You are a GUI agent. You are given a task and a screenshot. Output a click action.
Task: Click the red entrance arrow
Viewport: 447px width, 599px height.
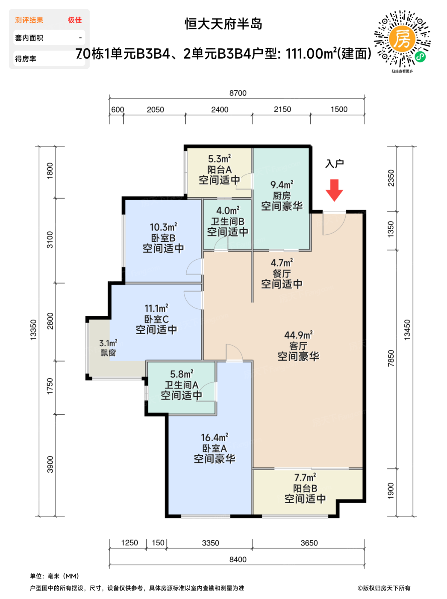coord(334,190)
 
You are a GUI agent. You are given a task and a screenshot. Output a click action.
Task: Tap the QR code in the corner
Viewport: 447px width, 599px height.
coord(402,39)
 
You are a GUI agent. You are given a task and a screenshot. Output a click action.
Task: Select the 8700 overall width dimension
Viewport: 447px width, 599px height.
coord(238,93)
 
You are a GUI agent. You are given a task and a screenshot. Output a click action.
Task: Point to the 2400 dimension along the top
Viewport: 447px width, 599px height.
coord(220,110)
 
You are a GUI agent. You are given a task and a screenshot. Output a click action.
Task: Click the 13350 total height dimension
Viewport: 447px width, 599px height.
coord(33,330)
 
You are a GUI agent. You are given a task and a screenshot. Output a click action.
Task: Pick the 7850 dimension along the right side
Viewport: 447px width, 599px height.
coord(391,358)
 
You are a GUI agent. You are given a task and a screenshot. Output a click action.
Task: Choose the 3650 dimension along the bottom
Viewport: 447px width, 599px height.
coord(309,543)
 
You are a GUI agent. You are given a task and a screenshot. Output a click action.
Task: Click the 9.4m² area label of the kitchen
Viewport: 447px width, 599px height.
coord(282,185)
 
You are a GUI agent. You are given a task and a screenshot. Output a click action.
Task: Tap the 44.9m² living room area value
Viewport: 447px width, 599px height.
coord(298,335)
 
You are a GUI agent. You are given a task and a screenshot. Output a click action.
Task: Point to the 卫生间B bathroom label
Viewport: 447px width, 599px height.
coord(228,221)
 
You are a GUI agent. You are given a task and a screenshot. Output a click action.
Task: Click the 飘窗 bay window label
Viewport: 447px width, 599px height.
coord(108,353)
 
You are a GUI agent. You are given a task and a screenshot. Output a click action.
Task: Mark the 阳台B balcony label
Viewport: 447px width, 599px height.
coord(305,488)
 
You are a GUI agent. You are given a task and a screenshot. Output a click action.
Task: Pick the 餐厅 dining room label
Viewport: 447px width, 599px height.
coord(282,274)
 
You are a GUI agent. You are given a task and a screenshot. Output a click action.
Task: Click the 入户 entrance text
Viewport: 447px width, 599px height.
coord(335,163)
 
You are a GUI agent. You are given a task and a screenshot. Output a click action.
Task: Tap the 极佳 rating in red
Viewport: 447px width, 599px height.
coord(75,20)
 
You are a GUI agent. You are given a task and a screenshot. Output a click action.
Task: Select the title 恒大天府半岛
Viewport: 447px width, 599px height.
coord(223,24)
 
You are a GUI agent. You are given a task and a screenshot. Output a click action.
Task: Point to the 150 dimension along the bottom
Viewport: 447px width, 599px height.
coord(158,543)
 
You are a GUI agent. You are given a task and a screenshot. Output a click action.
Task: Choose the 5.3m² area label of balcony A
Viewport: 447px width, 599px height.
coord(219,159)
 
